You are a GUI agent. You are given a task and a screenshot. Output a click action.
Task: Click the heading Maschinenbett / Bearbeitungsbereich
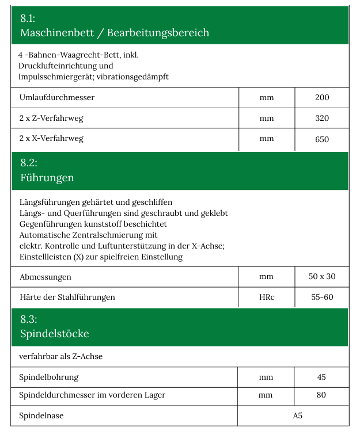click(115, 33)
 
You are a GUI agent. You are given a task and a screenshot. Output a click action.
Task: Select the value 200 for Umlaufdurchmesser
click(322, 97)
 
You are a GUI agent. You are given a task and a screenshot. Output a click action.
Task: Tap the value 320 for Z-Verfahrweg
click(322, 118)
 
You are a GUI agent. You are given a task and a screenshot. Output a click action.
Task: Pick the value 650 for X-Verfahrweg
click(322, 139)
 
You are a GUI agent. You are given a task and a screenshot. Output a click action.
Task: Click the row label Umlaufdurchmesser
click(57, 97)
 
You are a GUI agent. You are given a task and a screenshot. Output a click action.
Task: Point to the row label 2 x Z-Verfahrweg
click(51, 118)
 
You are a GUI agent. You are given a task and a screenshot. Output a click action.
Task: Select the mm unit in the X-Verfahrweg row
click(267, 139)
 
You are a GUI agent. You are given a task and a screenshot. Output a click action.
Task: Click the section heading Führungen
click(47, 178)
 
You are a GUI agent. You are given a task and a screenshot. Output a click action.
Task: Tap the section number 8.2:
click(28, 163)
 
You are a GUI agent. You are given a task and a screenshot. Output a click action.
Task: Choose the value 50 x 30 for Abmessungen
click(322, 276)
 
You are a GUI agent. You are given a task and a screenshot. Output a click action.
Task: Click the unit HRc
click(267, 297)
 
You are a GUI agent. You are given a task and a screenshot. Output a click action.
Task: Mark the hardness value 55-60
click(321, 297)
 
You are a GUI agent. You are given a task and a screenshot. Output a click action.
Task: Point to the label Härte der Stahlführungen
click(67, 297)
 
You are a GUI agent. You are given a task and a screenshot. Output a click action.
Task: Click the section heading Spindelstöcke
click(55, 334)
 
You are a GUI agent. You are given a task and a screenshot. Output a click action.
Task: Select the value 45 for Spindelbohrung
click(321, 377)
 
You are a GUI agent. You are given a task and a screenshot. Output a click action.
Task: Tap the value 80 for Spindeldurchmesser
click(321, 395)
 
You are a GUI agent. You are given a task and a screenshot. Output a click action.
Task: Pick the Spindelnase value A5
click(297, 415)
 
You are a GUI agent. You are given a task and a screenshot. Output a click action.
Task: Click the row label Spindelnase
click(41, 415)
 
